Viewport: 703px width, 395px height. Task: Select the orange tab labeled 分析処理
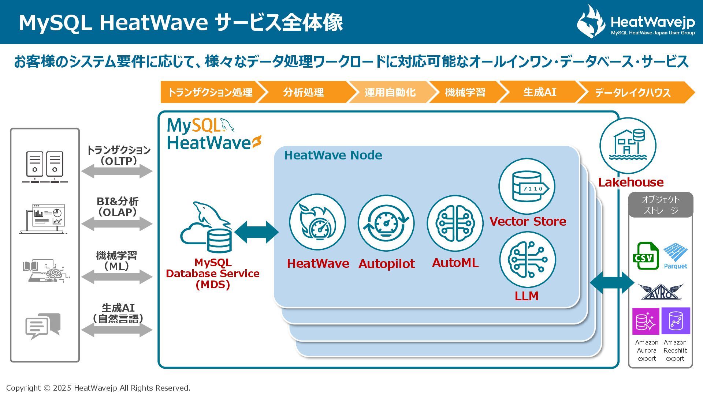tap(303, 92)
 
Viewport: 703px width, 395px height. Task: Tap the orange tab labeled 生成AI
tap(539, 92)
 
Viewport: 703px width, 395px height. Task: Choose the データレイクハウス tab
tap(632, 93)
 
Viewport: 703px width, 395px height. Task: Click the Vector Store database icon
tap(527, 187)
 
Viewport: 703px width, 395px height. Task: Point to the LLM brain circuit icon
tap(528, 260)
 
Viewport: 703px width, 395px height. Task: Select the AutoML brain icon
tap(455, 223)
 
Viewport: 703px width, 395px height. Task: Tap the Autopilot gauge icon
tap(386, 223)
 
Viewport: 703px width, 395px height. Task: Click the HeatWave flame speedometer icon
tap(317, 222)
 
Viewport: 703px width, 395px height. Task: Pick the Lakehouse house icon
tap(628, 146)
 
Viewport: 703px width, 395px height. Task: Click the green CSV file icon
tap(645, 256)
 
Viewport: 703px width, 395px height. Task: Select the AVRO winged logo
tap(661, 291)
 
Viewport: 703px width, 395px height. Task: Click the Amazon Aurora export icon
tap(646, 321)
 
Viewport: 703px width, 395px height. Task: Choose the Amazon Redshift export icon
tap(676, 321)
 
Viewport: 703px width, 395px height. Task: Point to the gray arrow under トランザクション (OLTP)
tap(117, 171)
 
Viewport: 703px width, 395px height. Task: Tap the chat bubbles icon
tap(43, 326)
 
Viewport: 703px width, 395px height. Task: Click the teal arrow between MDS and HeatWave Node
tap(256, 232)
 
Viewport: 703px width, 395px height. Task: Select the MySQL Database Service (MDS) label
tap(212, 274)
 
